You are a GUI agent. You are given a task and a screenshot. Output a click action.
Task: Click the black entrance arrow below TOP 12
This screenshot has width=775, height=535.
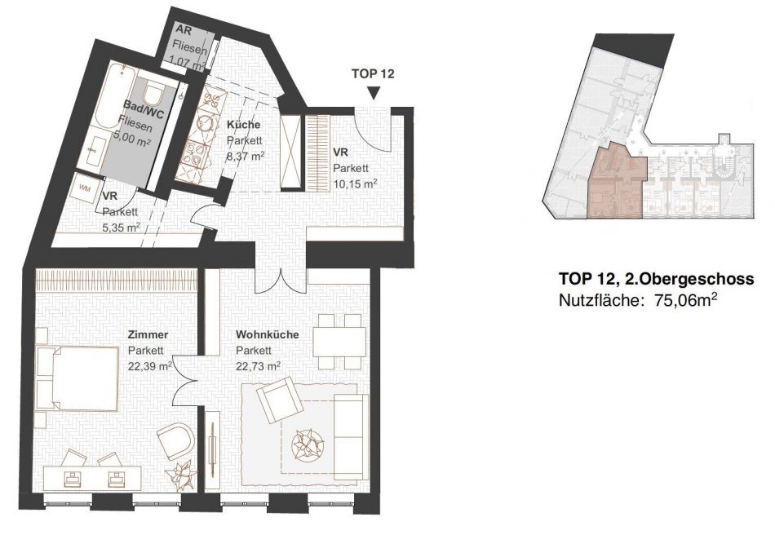(374, 93)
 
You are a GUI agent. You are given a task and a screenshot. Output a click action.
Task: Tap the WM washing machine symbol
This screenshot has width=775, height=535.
(85, 188)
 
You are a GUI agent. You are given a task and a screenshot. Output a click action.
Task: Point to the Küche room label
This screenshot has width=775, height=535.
(243, 125)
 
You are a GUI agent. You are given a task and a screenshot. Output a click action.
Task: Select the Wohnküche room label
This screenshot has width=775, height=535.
(267, 334)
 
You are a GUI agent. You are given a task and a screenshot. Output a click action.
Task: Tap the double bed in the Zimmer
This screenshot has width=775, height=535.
(77, 378)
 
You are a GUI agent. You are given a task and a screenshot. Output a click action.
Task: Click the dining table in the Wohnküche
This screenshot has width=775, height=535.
(339, 342)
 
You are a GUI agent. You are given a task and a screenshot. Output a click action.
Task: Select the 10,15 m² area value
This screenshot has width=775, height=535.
(355, 184)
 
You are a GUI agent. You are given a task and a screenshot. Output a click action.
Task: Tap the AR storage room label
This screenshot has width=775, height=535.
(184, 31)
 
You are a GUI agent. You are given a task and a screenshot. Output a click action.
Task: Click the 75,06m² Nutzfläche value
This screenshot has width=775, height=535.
(686, 300)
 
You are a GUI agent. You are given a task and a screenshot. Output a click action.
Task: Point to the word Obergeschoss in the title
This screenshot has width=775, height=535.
(697, 280)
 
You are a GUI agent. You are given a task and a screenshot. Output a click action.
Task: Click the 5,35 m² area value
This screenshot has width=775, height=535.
(121, 228)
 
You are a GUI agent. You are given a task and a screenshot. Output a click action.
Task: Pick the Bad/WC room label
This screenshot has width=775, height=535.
(144, 108)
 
